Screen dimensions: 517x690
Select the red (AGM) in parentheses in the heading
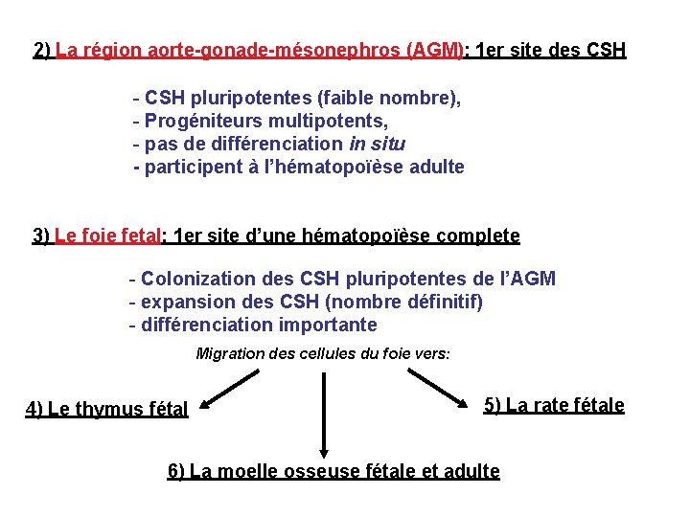(x=434, y=50)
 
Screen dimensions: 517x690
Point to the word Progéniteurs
(x=198, y=122)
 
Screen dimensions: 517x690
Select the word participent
(x=192, y=168)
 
